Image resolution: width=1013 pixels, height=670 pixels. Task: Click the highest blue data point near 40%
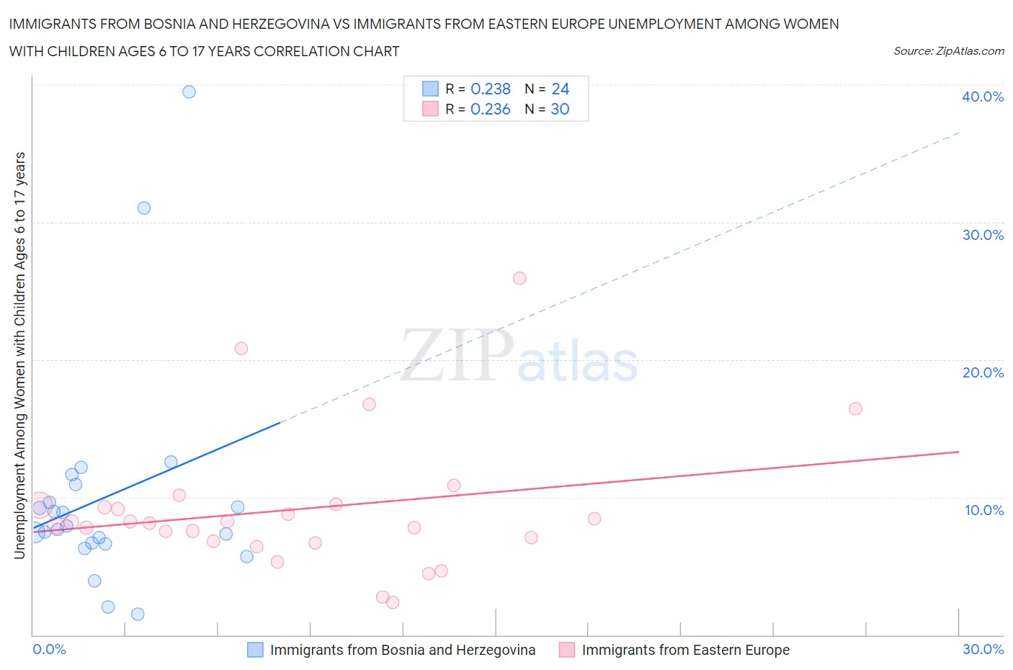click(x=189, y=91)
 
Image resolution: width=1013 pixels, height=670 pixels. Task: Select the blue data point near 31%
click(x=144, y=208)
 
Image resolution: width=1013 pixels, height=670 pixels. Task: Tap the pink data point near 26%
click(x=519, y=278)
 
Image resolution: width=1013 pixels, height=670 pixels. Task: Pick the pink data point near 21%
click(x=241, y=349)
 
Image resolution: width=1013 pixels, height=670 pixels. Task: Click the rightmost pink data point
click(x=855, y=408)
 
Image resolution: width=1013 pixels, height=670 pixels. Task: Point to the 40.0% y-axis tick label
click(x=983, y=97)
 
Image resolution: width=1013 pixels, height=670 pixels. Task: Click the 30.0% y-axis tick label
click(x=983, y=235)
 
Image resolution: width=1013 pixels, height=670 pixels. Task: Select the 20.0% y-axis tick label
click(x=983, y=372)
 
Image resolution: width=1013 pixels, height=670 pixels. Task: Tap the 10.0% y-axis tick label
click(x=983, y=510)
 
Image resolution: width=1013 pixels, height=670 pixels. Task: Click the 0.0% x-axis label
click(x=49, y=649)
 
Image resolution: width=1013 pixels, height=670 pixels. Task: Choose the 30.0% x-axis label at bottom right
click(x=983, y=649)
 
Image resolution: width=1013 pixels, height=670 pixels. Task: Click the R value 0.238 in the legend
click(x=490, y=89)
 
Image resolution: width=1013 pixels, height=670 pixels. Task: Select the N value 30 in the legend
click(x=560, y=109)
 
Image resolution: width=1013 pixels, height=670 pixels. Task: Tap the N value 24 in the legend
click(x=560, y=89)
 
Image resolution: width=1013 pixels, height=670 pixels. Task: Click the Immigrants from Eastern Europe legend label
click(x=685, y=650)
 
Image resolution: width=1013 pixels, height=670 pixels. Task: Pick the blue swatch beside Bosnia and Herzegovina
click(x=255, y=650)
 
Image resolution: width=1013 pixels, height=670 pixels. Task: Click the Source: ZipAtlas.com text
click(x=948, y=51)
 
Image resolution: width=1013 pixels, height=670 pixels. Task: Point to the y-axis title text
click(x=19, y=355)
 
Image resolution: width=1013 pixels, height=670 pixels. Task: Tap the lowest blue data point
click(x=138, y=614)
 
